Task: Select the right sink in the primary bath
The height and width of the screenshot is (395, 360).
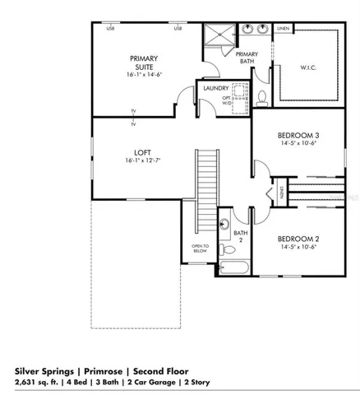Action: [x=264, y=29]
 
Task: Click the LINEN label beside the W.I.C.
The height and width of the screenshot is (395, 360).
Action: [x=283, y=29]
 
